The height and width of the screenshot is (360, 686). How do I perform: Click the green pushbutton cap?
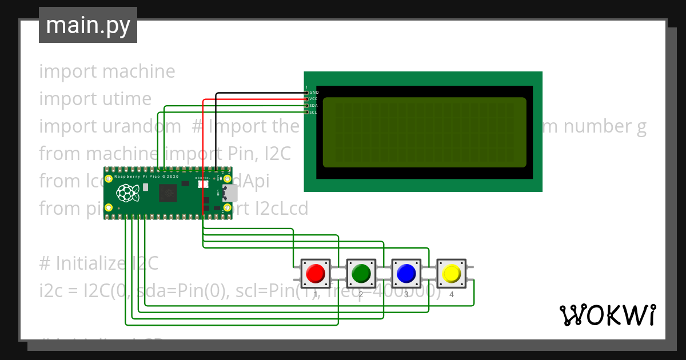click(x=361, y=273)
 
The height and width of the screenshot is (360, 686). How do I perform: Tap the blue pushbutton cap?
click(x=406, y=273)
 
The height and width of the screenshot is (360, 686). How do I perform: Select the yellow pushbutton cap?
click(x=451, y=273)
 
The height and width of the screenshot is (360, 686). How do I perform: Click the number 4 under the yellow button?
click(x=451, y=295)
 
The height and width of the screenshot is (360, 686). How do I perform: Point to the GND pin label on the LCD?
click(x=314, y=92)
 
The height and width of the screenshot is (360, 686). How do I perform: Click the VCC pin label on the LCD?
click(x=313, y=99)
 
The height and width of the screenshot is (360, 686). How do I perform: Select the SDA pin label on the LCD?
click(x=313, y=106)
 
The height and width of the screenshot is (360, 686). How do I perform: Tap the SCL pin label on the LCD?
click(x=313, y=112)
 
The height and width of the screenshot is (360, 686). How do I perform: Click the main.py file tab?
click(x=88, y=25)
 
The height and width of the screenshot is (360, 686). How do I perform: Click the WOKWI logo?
click(x=607, y=315)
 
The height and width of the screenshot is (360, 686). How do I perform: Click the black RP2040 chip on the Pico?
click(x=168, y=194)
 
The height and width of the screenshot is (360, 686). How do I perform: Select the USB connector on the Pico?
click(x=230, y=194)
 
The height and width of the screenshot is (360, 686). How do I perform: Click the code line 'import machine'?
click(x=107, y=71)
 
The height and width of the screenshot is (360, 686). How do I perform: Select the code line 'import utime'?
click(x=95, y=99)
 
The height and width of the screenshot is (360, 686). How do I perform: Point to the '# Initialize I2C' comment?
click(x=98, y=263)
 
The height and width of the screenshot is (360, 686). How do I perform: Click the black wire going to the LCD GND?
click(x=257, y=93)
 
